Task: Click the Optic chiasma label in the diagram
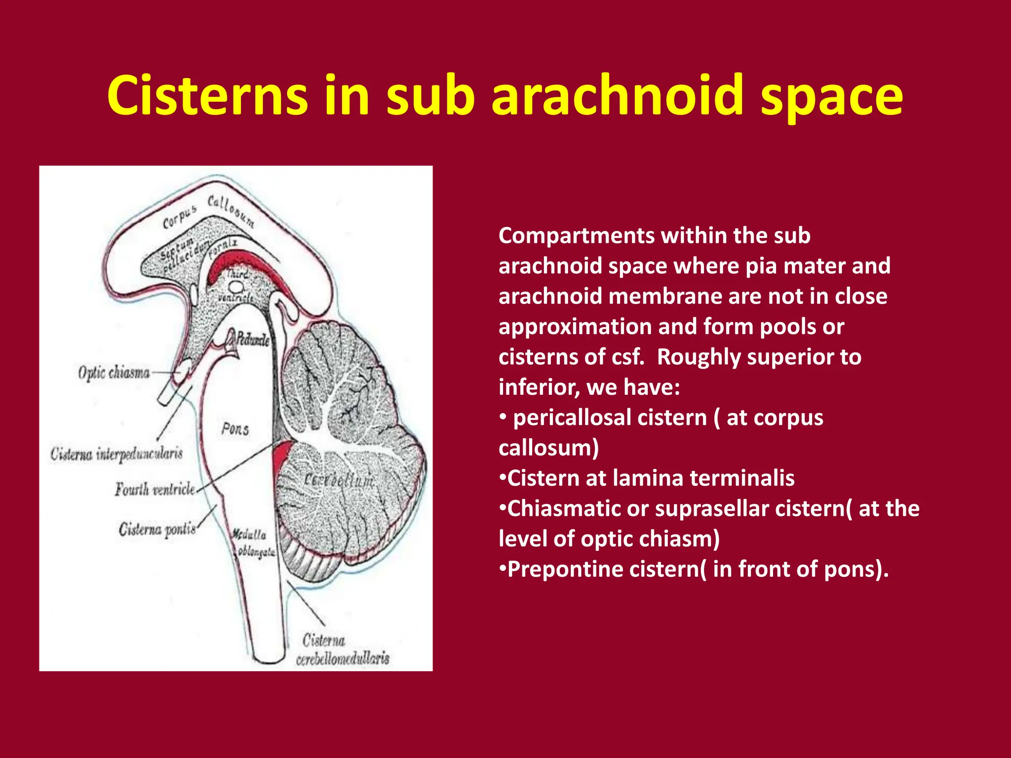114,372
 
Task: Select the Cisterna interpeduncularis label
117,454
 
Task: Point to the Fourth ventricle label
155,489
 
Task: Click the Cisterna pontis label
157,530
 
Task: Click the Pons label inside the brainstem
235,428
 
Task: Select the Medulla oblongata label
253,543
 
